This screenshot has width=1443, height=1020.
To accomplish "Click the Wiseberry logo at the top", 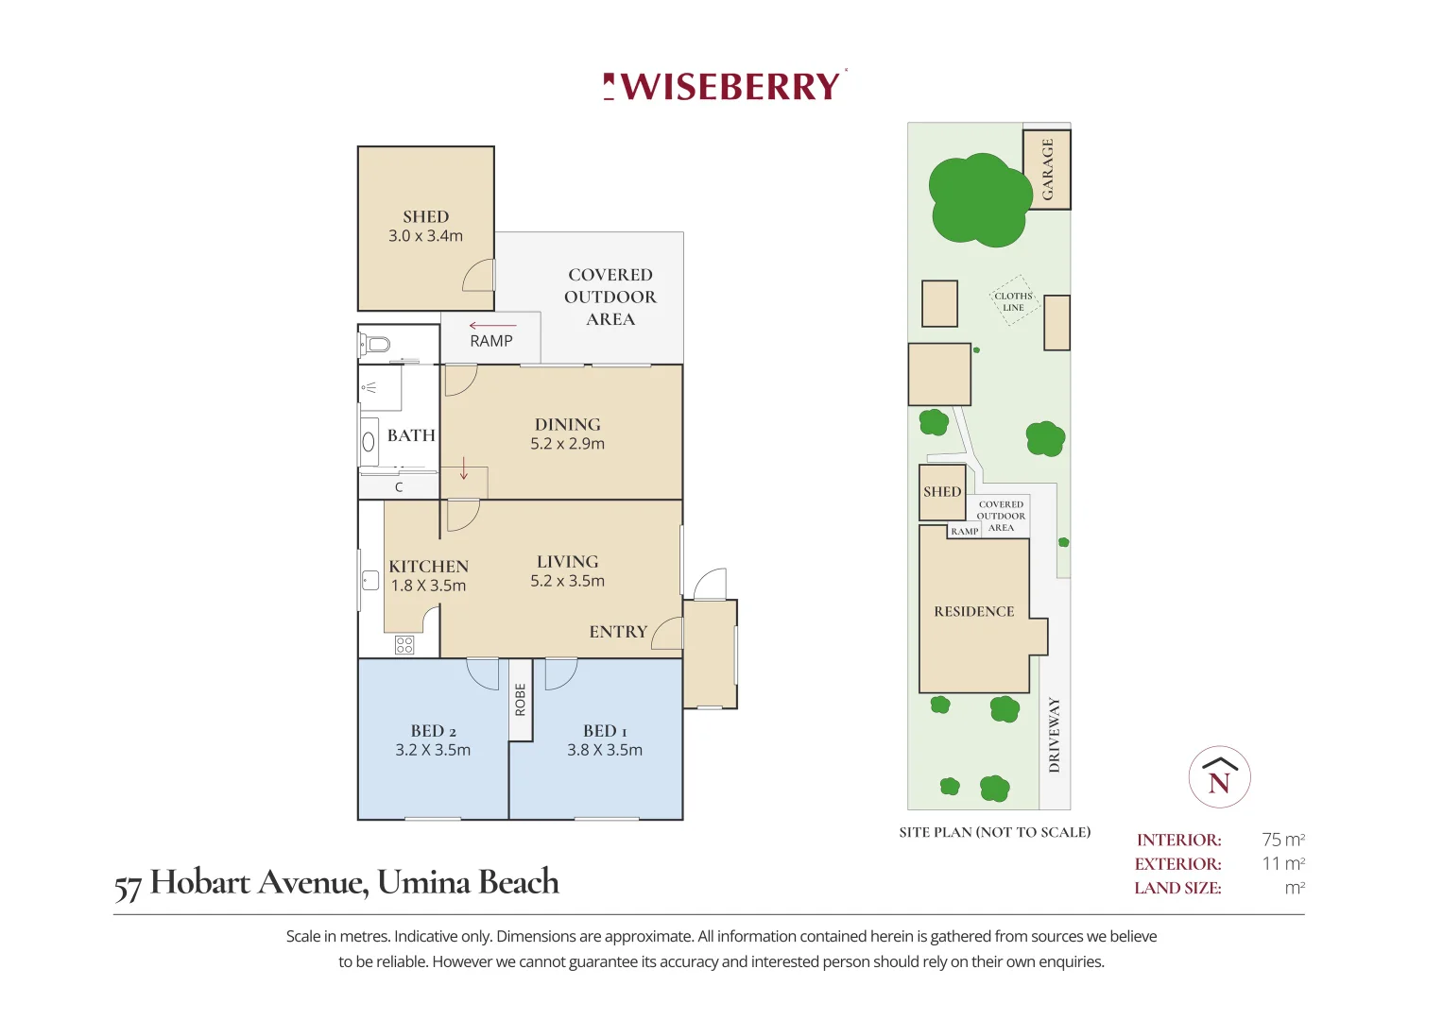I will [725, 86].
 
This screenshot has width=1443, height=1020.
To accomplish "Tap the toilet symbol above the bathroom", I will [376, 344].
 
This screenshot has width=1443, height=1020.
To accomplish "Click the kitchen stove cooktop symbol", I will [404, 645].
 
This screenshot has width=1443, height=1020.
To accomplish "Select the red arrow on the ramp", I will [491, 326].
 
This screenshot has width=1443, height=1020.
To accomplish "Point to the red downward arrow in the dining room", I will [464, 468].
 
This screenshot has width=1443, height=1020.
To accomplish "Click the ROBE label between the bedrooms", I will [520, 700].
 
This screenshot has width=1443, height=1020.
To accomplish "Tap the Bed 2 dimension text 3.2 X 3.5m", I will [433, 750].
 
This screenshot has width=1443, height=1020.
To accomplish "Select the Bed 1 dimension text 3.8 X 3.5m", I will [605, 750].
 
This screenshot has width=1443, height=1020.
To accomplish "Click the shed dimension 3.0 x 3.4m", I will [425, 236].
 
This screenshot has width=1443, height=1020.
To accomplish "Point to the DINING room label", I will [567, 425].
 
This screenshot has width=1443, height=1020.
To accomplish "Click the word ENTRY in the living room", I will [618, 632].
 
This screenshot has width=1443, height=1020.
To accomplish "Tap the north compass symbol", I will [1219, 777].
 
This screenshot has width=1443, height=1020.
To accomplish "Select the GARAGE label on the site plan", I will [1047, 169].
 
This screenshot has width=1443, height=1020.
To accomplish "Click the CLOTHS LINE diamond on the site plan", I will [1013, 301].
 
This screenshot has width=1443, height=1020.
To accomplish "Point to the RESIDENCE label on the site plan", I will [973, 612].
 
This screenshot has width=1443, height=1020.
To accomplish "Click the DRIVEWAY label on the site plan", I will [1055, 735].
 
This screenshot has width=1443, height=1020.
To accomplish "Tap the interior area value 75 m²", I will [1282, 840].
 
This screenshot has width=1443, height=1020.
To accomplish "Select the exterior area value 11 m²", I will [1282, 863].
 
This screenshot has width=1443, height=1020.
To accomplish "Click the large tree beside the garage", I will [978, 200].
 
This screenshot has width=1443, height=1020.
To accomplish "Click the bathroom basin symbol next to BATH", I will [369, 441].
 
